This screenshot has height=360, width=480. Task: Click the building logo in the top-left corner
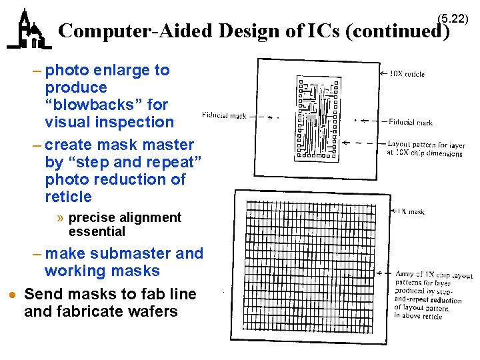[x=29, y=29]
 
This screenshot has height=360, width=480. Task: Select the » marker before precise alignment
[x=61, y=218]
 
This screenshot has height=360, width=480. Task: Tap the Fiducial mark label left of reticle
[x=223, y=115]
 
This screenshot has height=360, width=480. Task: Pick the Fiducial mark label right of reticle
[x=411, y=122]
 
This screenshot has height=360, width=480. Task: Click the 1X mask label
[x=411, y=212]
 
